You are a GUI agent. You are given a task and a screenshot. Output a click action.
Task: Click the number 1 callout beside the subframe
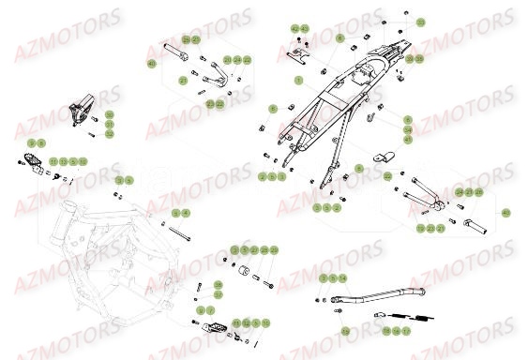point(298,82)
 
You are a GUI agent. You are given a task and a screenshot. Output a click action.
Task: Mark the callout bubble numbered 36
point(218,285)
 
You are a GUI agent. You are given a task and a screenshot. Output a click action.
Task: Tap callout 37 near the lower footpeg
point(218,293)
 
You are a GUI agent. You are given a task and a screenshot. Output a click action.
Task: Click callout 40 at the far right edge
point(505,214)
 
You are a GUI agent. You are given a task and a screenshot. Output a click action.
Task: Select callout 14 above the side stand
point(342,279)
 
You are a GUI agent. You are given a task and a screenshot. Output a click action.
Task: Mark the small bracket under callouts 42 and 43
point(297,55)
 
